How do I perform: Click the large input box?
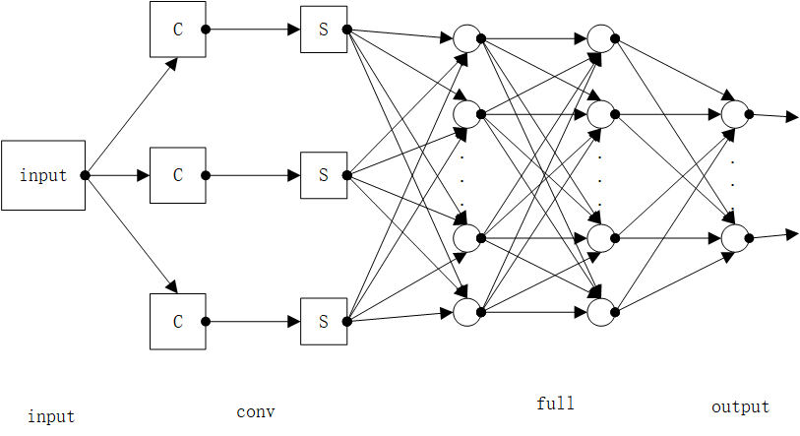click(43, 175)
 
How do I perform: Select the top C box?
click(178, 30)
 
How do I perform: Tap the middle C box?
click(178, 175)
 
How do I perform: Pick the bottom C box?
click(178, 321)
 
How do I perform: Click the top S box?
click(323, 30)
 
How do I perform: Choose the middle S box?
click(323, 175)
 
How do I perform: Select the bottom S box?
click(323, 321)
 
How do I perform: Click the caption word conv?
click(256, 411)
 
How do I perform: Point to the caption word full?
click(555, 404)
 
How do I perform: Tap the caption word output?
click(740, 406)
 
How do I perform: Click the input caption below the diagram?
click(51, 416)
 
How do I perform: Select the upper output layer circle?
click(734, 115)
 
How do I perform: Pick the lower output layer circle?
click(734, 238)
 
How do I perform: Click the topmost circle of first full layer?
click(466, 39)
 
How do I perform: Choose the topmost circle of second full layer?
click(600, 39)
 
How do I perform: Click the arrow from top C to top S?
click(256, 30)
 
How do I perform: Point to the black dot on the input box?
click(86, 175)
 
